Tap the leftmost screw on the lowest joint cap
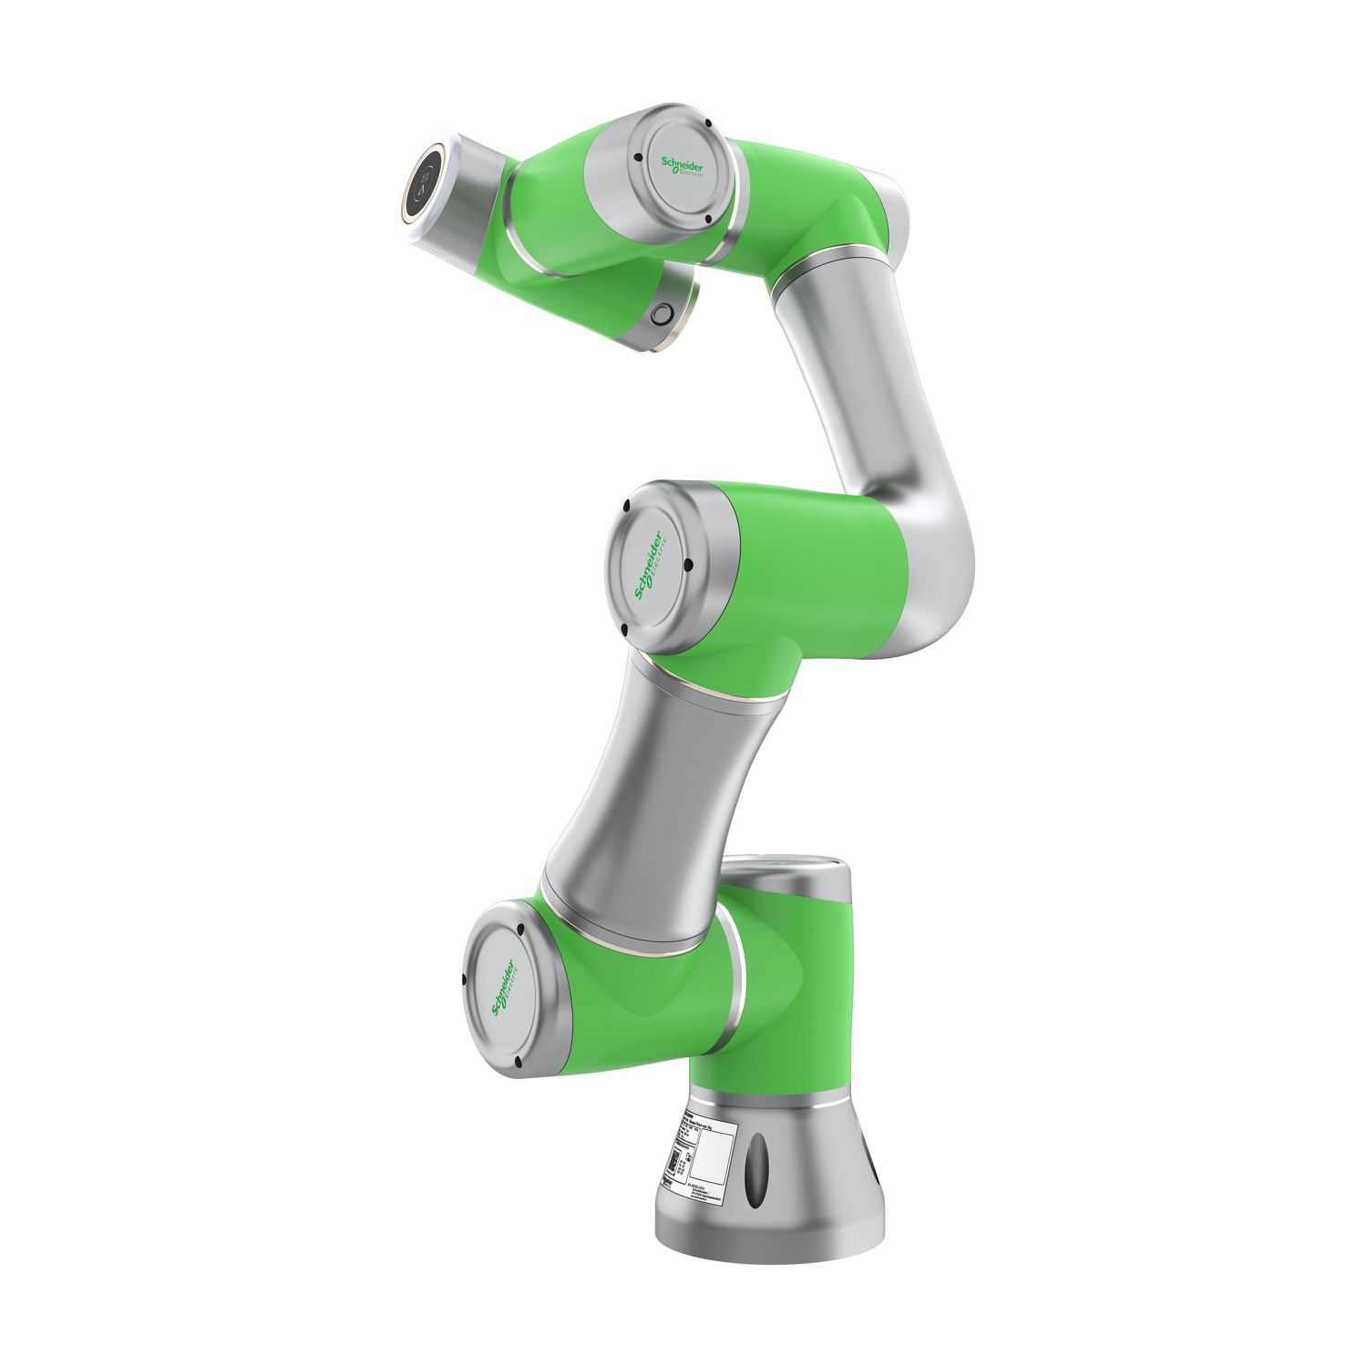(x=465, y=981)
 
